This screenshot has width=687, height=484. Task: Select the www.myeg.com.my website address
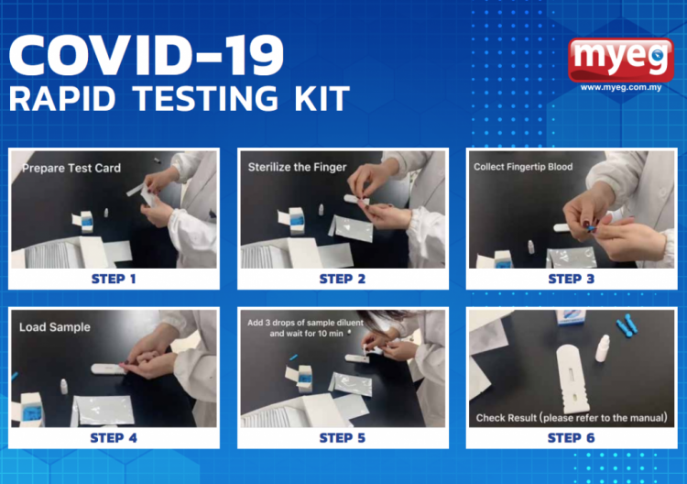tap(621, 88)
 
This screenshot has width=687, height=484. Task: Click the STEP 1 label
tap(114, 279)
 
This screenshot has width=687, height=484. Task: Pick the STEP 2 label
tap(343, 279)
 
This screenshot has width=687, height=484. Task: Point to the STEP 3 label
tap(572, 279)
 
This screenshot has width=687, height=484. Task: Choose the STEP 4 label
tap(114, 437)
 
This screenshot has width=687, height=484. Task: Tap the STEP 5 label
tap(343, 437)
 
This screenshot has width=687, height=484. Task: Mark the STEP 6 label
tap(572, 437)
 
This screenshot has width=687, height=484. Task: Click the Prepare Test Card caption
tap(71, 169)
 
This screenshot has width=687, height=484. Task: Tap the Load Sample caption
tap(55, 326)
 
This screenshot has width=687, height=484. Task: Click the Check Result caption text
tap(571, 418)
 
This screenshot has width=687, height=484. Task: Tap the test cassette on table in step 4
tap(115, 369)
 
